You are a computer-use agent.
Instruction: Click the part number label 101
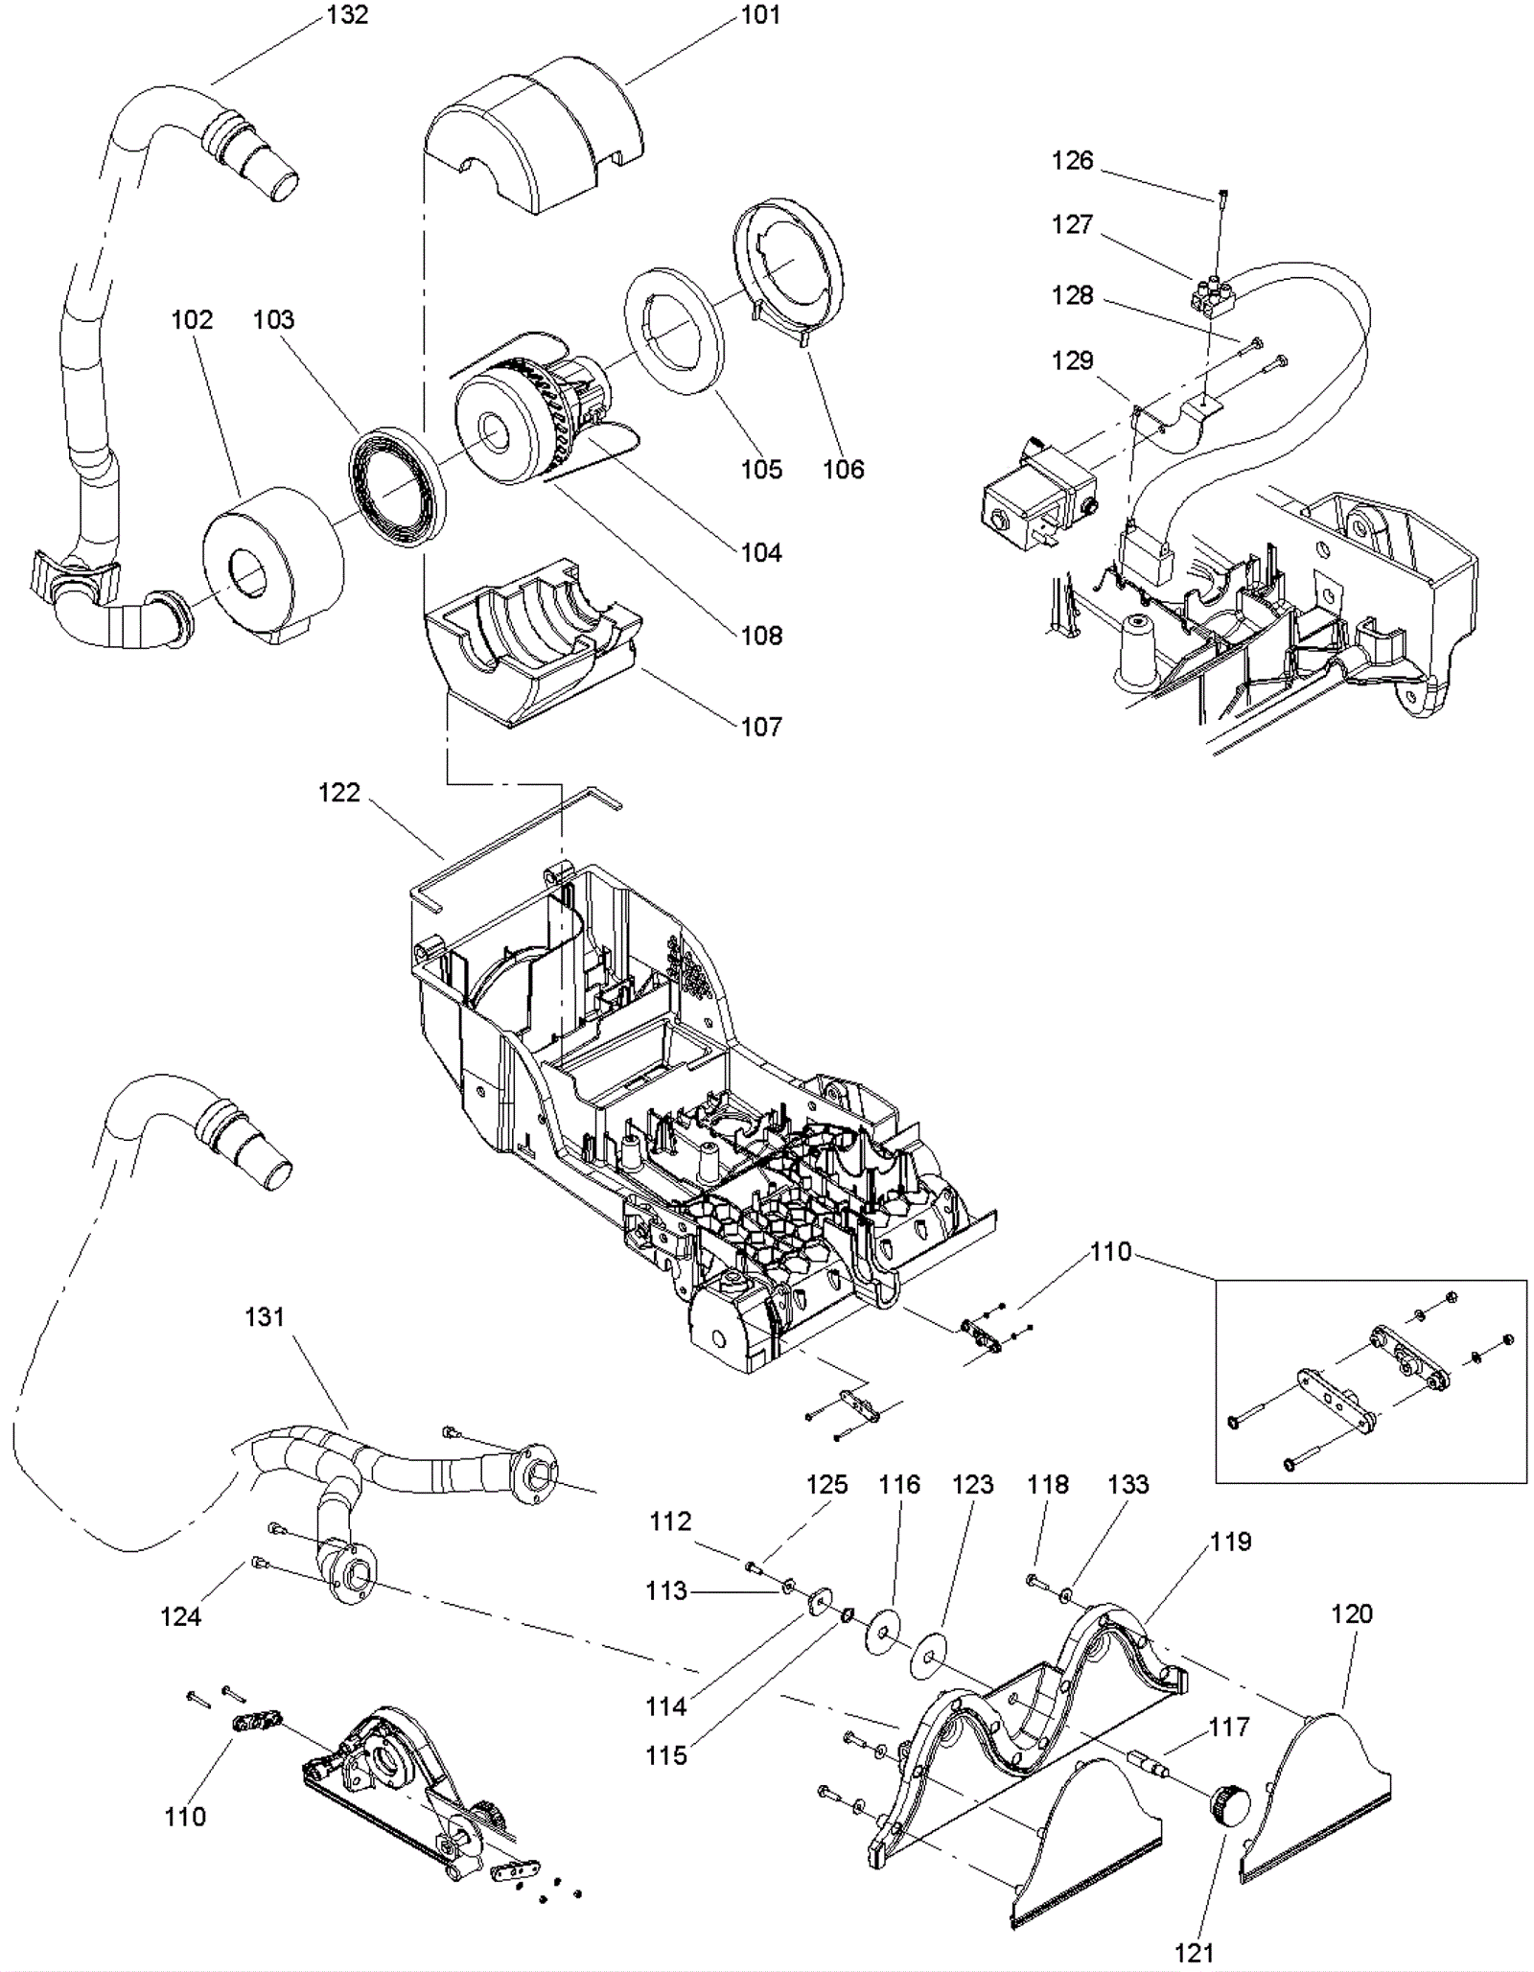pos(760,15)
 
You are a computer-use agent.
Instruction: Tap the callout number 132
pos(347,15)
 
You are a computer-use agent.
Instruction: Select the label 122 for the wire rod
pos(339,793)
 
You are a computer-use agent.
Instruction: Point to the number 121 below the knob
pos(1194,1953)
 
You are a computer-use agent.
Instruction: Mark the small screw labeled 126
pos(1224,197)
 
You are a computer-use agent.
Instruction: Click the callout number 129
pos(1072,360)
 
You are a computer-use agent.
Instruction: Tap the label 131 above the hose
pos(265,1317)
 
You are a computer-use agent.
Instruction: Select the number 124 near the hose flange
pos(180,1616)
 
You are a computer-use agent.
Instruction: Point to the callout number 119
pos(1230,1542)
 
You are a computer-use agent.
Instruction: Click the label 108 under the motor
pos(761,636)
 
